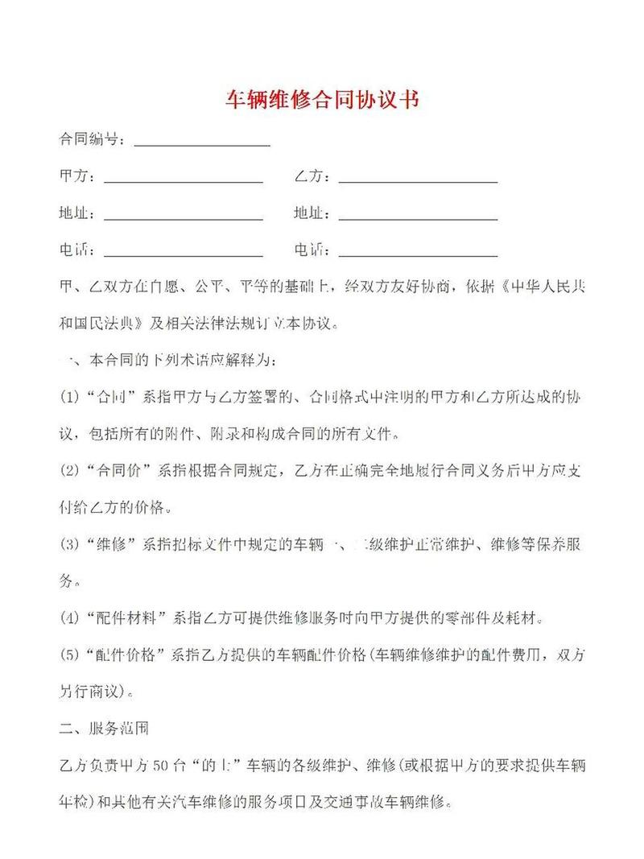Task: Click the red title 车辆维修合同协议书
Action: coord(322,101)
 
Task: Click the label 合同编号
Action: coord(91,139)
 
